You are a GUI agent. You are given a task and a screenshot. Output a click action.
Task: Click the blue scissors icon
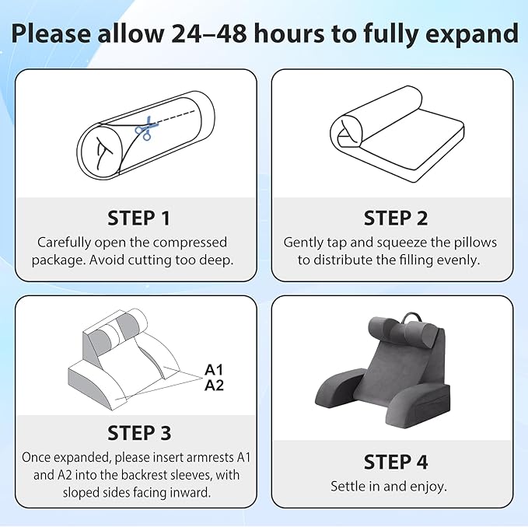[145, 128]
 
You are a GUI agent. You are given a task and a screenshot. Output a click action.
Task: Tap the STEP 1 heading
[138, 218]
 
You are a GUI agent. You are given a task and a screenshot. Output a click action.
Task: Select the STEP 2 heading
[396, 218]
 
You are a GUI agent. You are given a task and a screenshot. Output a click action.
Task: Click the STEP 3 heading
[139, 433]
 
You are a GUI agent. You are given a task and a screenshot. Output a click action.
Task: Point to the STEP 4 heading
[396, 462]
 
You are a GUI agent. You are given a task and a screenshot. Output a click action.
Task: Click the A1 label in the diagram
[214, 370]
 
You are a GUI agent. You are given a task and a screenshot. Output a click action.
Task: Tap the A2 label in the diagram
[214, 386]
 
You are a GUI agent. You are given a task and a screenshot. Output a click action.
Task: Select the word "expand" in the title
[472, 34]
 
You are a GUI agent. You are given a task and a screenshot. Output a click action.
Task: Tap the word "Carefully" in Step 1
[64, 243]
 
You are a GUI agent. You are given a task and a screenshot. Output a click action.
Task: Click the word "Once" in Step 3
[36, 457]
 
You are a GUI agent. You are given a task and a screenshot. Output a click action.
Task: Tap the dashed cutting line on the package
[175, 117]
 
